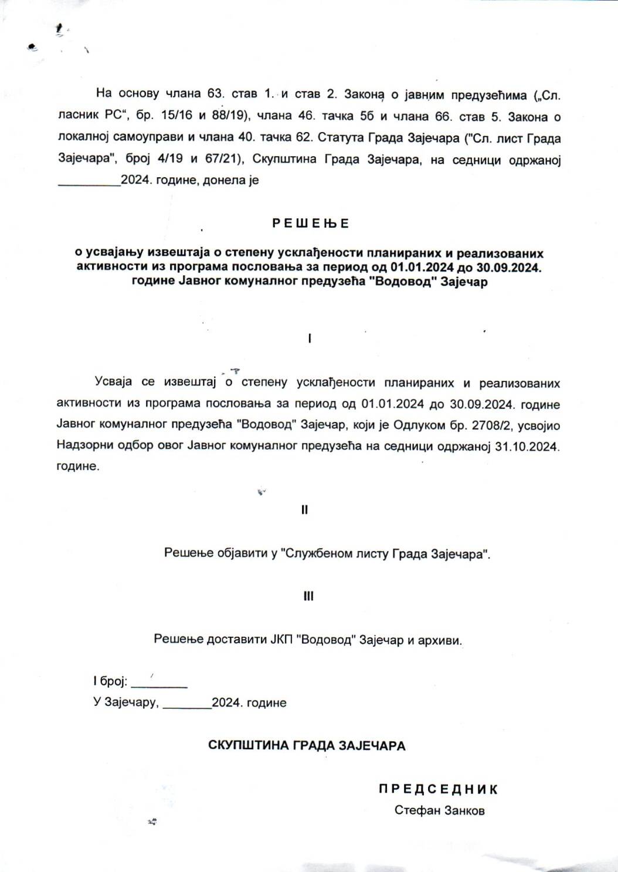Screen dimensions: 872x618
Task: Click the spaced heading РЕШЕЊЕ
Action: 310,224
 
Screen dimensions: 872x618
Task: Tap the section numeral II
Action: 304,510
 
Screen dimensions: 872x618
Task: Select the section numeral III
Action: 308,596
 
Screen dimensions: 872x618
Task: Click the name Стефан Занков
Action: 439,811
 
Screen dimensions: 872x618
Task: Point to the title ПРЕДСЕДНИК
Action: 438,789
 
